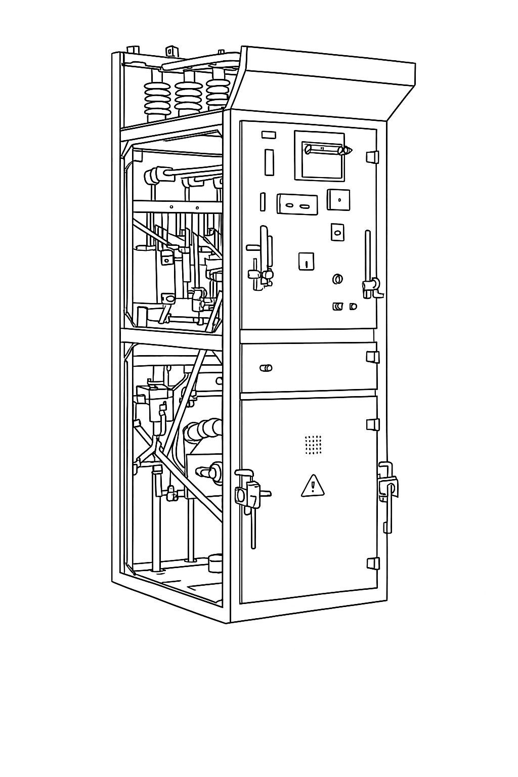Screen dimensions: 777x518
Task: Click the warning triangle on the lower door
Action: pos(313,486)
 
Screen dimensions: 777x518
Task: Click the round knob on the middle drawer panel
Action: pos(266,368)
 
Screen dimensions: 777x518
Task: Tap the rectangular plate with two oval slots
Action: pos(297,204)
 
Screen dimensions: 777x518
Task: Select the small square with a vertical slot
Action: pos(306,261)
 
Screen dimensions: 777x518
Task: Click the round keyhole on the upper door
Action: pos(338,279)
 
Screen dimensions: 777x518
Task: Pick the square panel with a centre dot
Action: pos(338,199)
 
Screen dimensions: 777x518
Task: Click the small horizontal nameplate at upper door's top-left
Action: pos(268,135)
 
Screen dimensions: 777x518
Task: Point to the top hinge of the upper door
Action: pos(373,156)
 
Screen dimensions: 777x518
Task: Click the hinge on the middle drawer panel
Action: pos(373,357)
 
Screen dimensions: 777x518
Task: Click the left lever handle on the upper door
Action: pos(261,263)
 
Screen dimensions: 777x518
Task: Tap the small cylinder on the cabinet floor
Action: pos(215,563)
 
